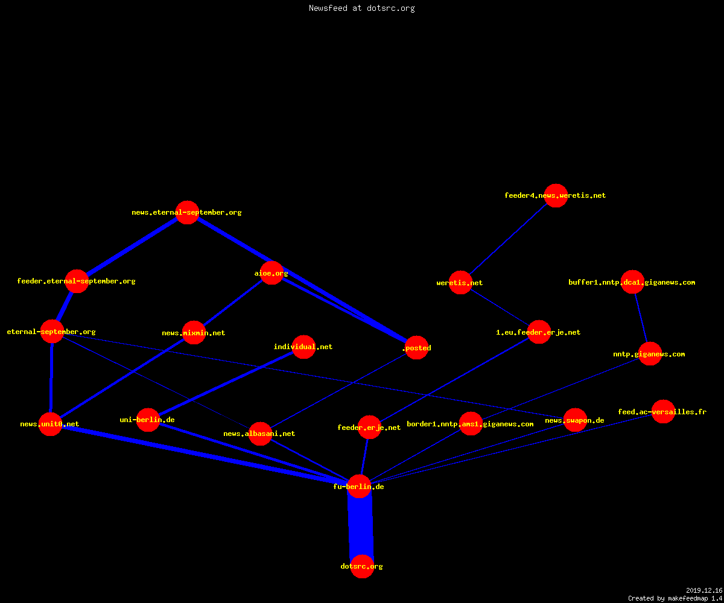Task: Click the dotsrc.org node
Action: pyautogui.click(x=362, y=566)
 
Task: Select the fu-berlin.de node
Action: pyautogui.click(x=359, y=486)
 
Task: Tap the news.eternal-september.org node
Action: pyautogui.click(x=187, y=212)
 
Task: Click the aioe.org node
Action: pyautogui.click(x=271, y=273)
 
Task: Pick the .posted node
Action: pyautogui.click(x=416, y=347)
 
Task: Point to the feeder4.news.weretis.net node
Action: pyautogui.click(x=556, y=195)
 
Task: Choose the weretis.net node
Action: pyautogui.click(x=460, y=282)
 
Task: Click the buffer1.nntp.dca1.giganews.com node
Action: pyautogui.click(x=632, y=282)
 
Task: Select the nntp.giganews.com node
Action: pyautogui.click(x=650, y=353)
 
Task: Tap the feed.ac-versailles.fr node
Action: pyautogui.click(x=663, y=412)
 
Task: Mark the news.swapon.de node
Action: pyautogui.click(x=575, y=420)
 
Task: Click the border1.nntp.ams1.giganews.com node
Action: pyautogui.click(x=471, y=423)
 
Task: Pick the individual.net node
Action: pyautogui.click(x=303, y=347)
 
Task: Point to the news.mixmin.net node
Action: pyautogui.click(x=194, y=333)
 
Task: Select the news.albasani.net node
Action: pyautogui.click(x=260, y=434)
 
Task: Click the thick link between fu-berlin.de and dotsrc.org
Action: pyautogui.click(x=361, y=526)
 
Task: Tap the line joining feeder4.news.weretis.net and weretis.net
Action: pyautogui.click(x=508, y=239)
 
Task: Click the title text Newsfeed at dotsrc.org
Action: pyautogui.click(x=361, y=8)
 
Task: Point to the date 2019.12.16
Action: pyautogui.click(x=704, y=590)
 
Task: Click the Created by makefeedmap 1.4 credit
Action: pyautogui.click(x=675, y=599)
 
